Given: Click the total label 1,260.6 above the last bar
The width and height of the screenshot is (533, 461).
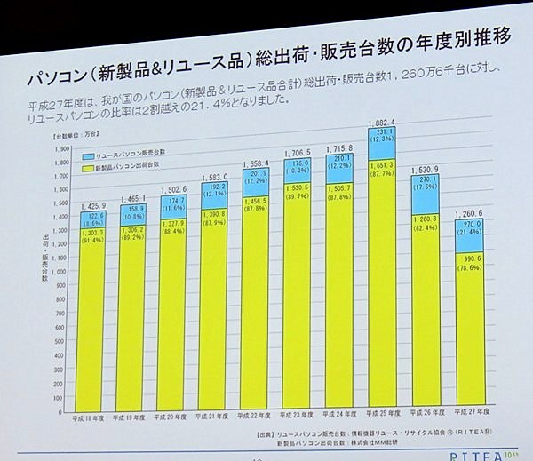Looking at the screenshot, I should pyautogui.click(x=466, y=214).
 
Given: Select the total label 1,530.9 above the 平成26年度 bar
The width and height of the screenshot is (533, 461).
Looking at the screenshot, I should pyautogui.click(x=424, y=169).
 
